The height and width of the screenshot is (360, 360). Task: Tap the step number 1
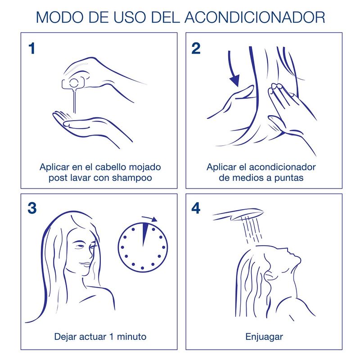31,48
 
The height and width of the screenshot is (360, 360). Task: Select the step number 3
32,208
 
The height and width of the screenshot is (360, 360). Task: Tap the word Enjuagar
264,337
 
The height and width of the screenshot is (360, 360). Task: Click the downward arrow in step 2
234,72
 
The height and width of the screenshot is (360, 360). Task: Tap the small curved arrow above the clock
150,219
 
